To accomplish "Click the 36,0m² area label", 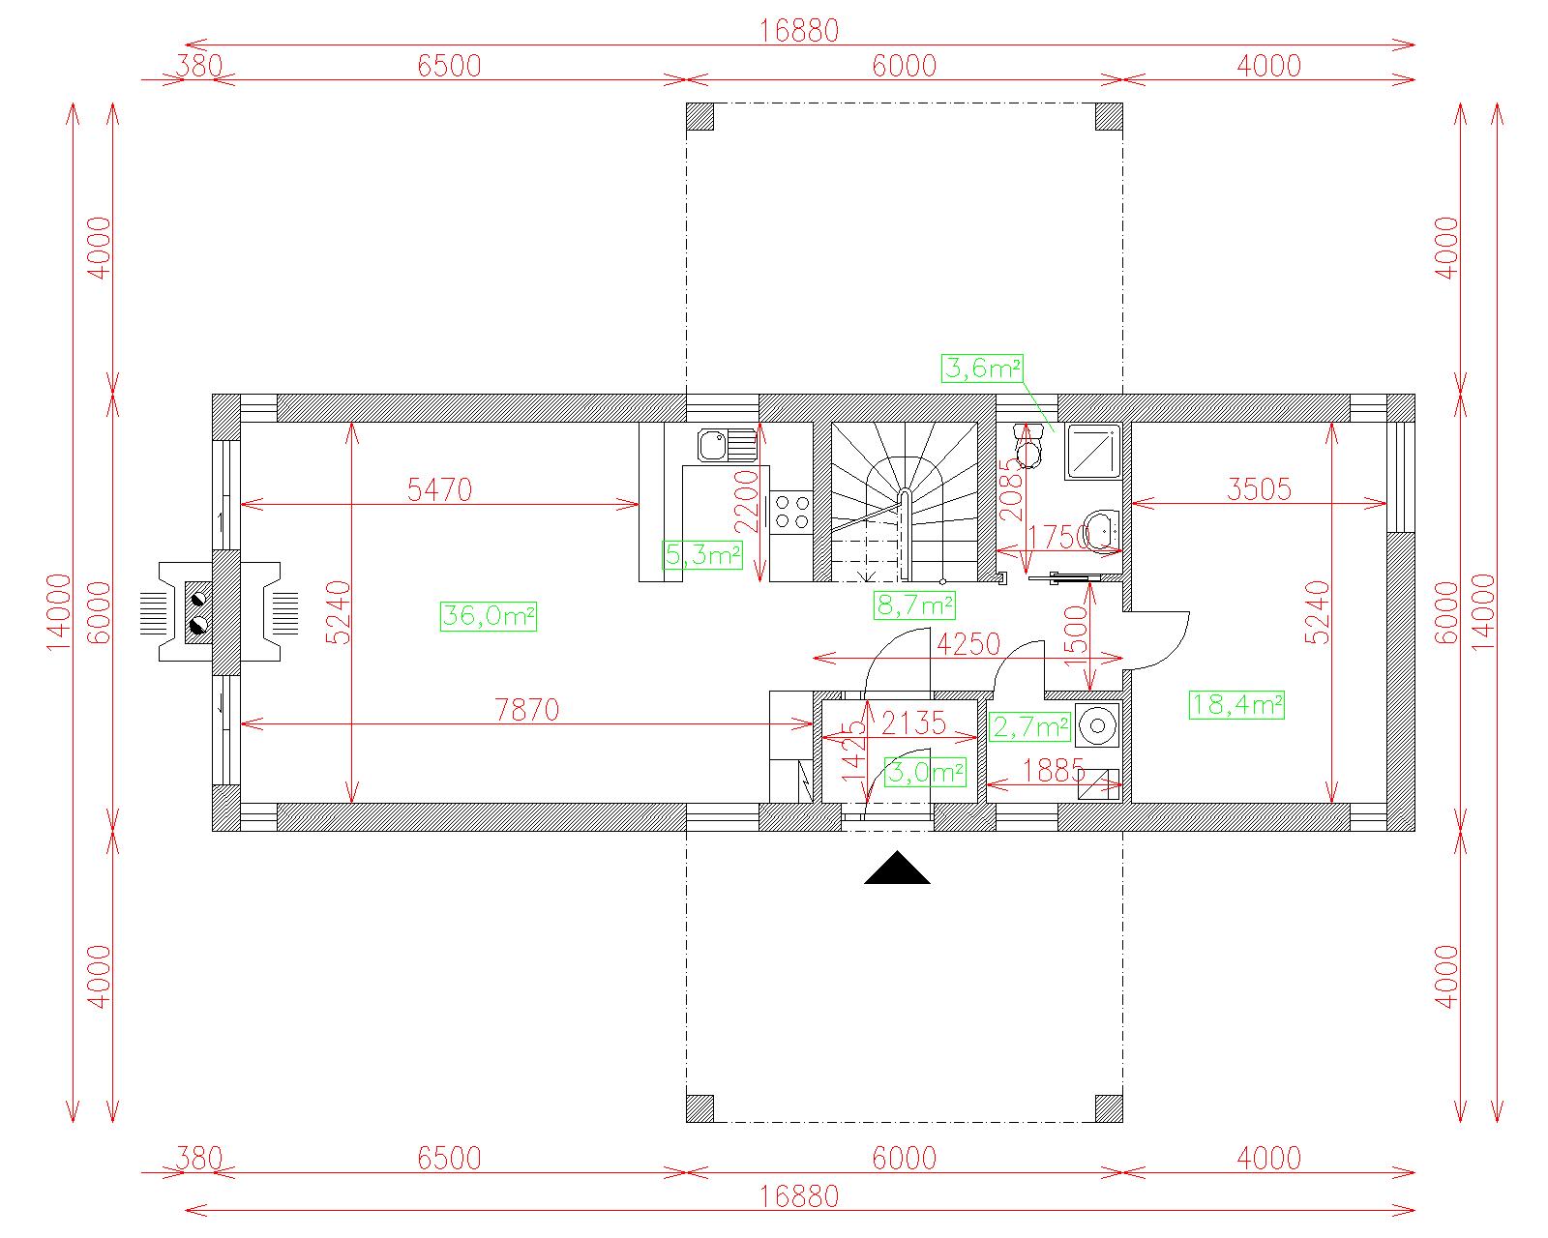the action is pos(489,616).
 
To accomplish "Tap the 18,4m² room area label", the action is pos(1237,704).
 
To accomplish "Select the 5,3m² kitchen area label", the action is pos(702,554).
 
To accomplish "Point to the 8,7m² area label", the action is pos(914,604).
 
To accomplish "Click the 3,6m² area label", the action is pos(982,368).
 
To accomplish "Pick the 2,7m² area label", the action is pos(1029,726).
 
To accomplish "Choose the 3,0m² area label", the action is pos(925,772).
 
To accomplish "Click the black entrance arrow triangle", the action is pos(897,868).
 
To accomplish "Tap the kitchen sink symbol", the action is pos(728,445).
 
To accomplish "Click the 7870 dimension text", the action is pos(526,710).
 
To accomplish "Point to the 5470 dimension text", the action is pos(439,489).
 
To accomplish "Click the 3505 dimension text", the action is pos(1259,489).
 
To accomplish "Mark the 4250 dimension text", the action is pos(968,644).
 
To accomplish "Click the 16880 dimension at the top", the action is pos(799,31).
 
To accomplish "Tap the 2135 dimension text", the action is pos(913,722).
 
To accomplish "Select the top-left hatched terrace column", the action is pos(700,116).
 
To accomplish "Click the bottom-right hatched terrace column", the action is pos(1109,1108).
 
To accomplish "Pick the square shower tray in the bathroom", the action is pos(1094,451).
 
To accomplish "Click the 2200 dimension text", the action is pos(748,501).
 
